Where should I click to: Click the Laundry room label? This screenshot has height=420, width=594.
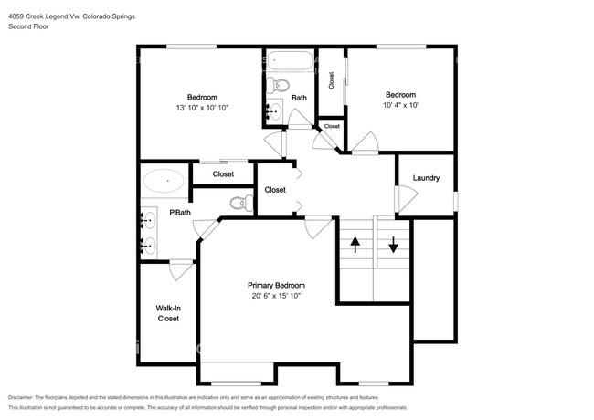coord(426,178)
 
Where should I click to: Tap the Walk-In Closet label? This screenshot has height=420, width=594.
coord(168,313)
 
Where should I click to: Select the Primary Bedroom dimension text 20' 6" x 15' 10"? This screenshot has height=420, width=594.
coord(276,296)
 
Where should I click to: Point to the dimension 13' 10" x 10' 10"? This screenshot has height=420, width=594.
coord(202,108)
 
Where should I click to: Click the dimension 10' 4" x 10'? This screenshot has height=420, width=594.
coord(400,105)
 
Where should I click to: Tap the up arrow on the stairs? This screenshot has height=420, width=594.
coord(355,245)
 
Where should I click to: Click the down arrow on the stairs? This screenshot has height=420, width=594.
coord(393,245)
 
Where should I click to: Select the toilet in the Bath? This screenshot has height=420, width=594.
coord(277,85)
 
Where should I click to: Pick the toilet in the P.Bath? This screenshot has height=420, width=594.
coord(242,204)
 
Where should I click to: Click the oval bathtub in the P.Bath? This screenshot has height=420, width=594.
coord(164,181)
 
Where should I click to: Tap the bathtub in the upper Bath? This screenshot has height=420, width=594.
coord(290,60)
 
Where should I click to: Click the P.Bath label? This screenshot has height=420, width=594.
coord(180,213)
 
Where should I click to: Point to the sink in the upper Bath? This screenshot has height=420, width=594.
coord(274,110)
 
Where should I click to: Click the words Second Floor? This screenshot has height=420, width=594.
coord(28,26)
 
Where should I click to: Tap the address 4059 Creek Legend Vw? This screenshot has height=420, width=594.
coord(44,16)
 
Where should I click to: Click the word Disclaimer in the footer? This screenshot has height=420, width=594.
coord(21,398)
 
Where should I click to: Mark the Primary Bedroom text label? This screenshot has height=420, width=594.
coord(276,285)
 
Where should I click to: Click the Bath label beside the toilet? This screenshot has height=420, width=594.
coord(299,98)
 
